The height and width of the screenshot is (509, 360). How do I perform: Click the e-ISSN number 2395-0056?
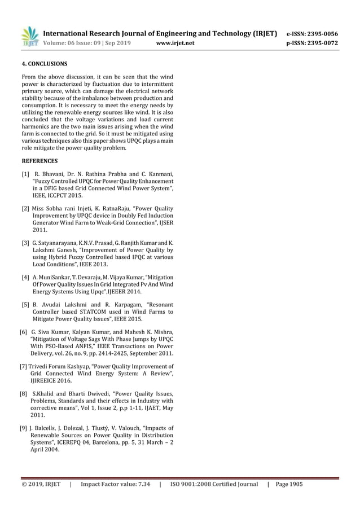[x=323, y=33]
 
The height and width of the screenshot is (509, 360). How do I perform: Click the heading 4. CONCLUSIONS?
[x=45, y=64]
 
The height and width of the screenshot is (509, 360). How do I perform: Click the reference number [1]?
[x=26, y=173]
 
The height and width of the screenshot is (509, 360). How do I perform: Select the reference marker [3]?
[x=26, y=243]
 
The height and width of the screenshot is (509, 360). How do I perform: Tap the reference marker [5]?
[x=26, y=305]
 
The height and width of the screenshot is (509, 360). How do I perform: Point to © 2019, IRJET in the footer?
[x=41, y=484]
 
